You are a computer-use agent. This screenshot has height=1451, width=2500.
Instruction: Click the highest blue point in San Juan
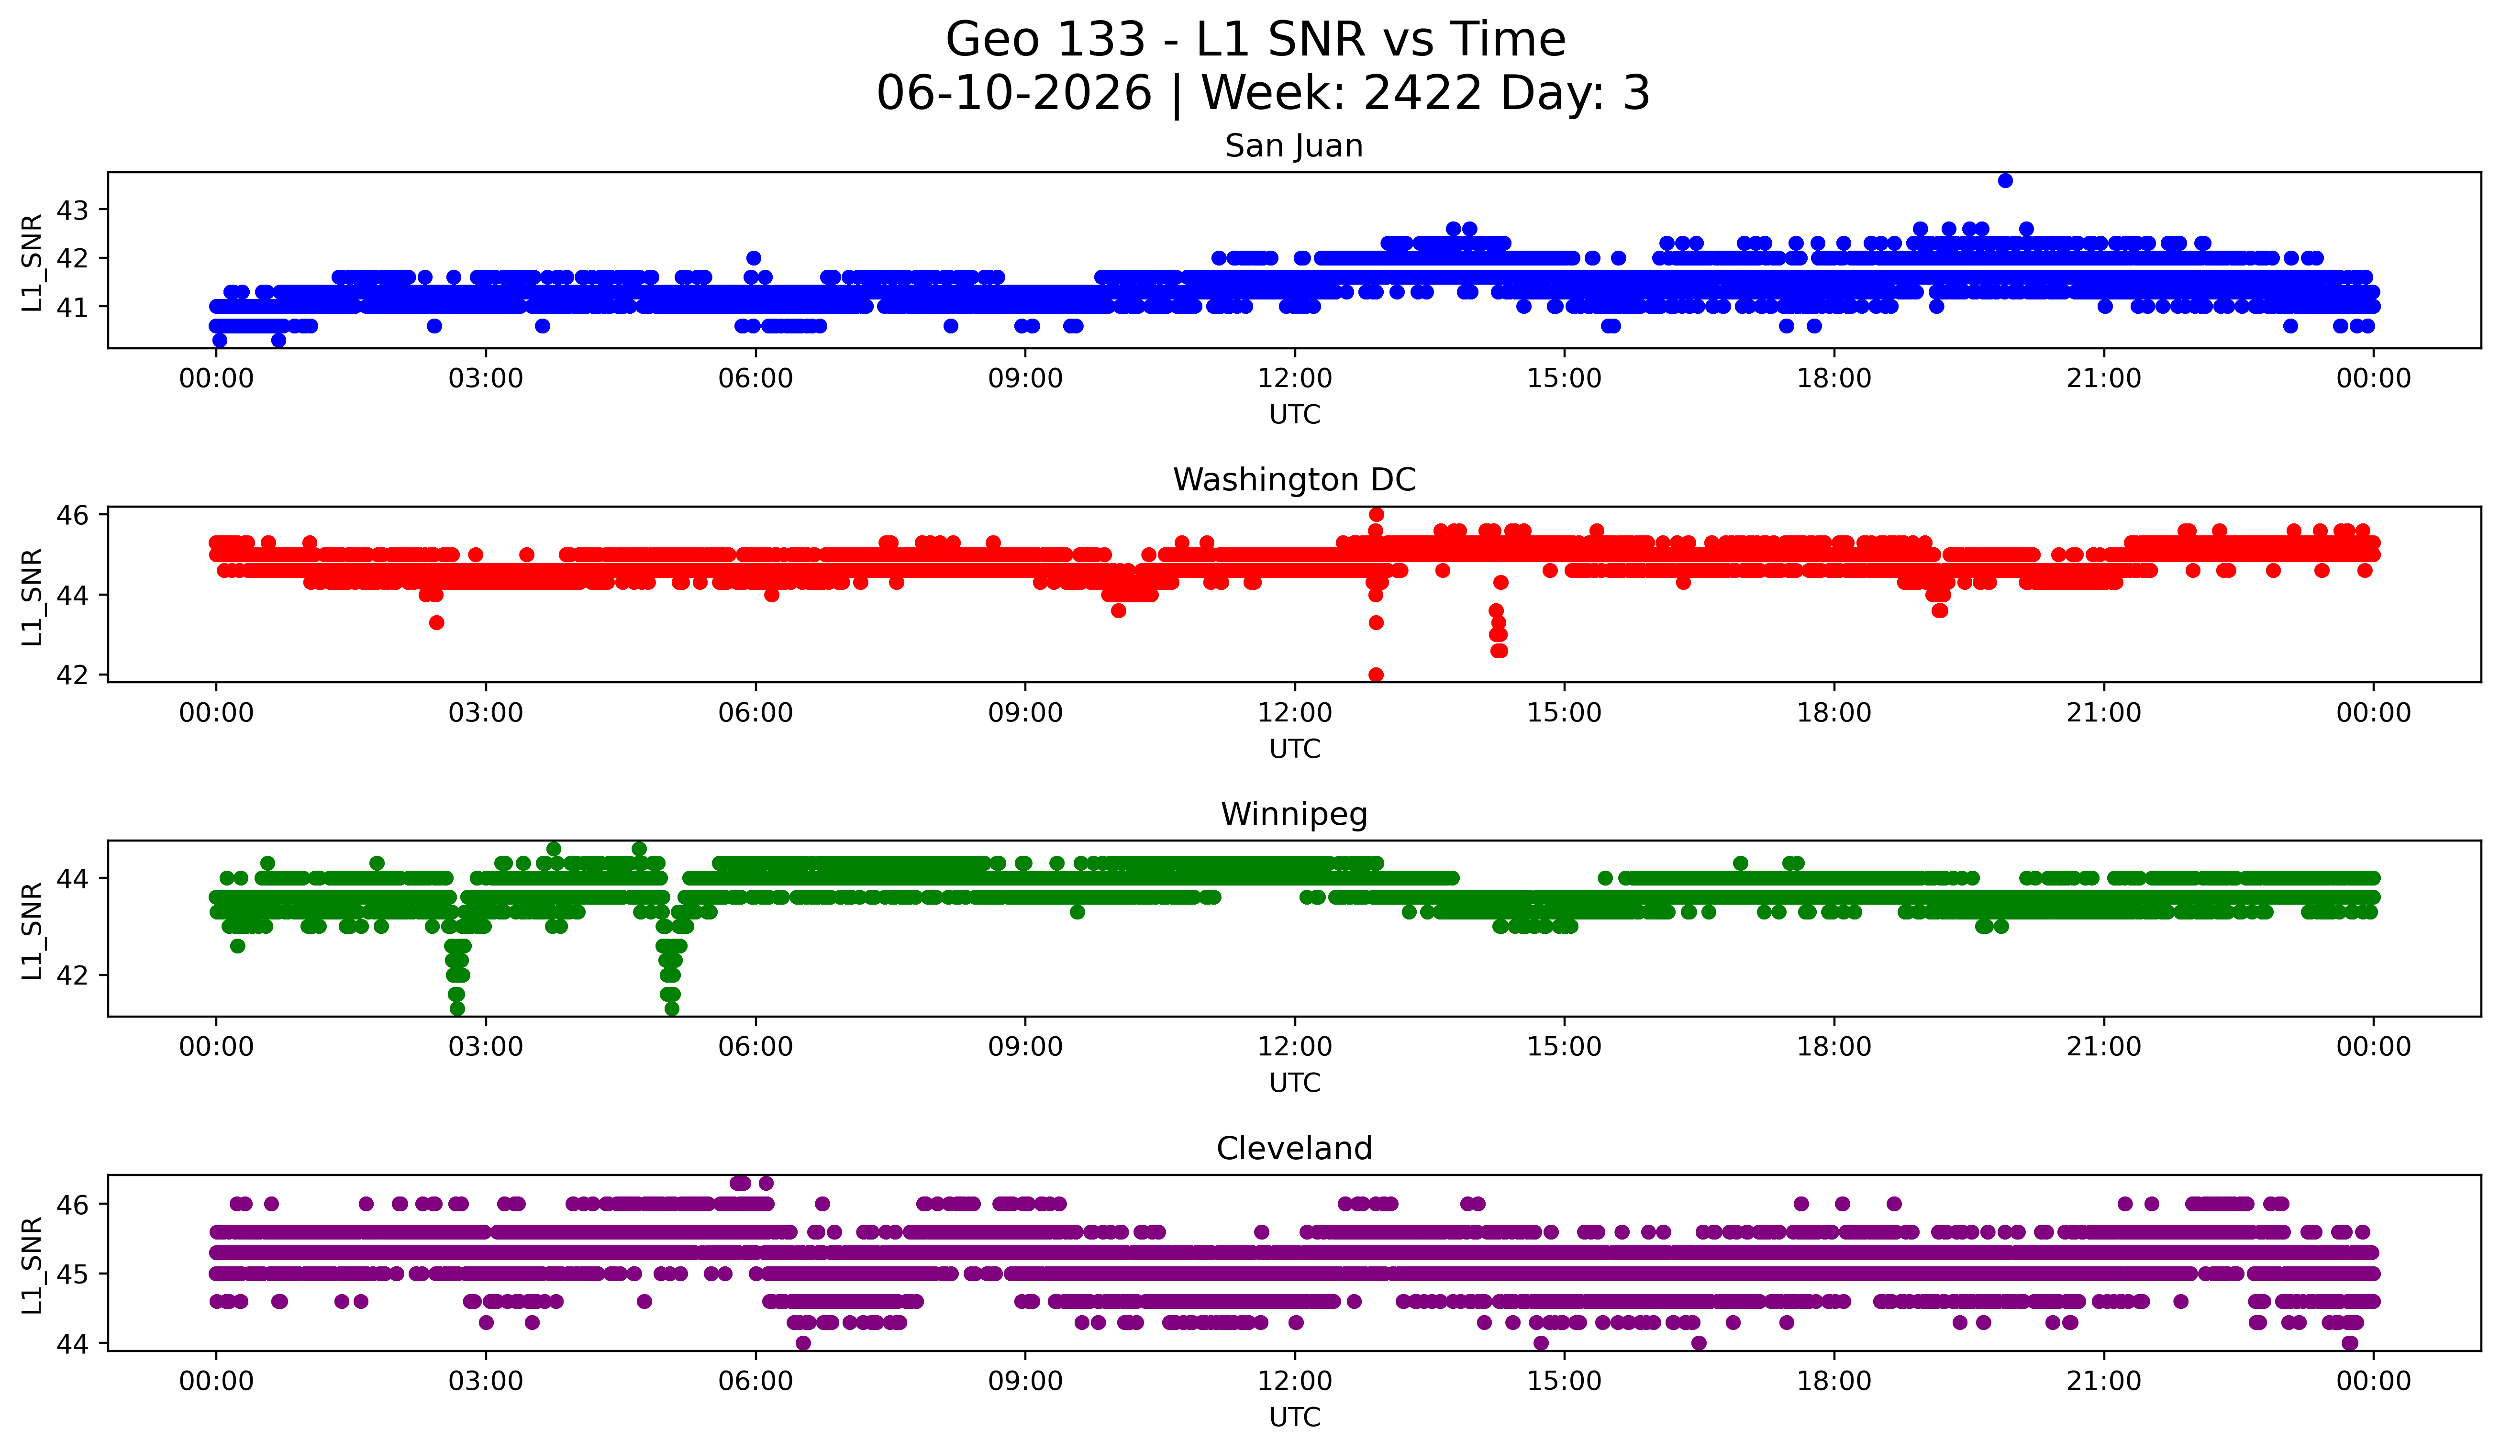tap(2005, 180)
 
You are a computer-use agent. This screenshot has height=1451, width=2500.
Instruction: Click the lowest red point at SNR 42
tap(1376, 675)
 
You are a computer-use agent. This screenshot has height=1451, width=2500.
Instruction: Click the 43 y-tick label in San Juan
tap(72, 210)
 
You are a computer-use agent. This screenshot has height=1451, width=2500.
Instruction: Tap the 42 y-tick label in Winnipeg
tap(72, 975)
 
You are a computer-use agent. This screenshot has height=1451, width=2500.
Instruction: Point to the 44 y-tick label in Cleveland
tap(72, 1344)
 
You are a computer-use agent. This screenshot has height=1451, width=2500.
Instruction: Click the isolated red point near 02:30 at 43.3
tap(436, 623)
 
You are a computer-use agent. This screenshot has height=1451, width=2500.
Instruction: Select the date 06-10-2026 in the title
tap(1014, 93)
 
